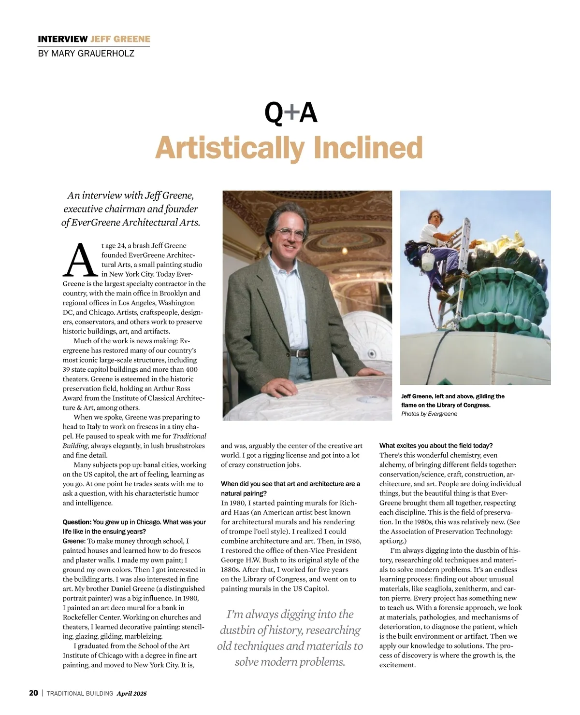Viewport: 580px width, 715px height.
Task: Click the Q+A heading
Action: pos(290,113)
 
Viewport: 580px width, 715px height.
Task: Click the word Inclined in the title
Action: pos(368,148)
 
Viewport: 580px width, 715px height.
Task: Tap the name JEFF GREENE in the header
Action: pos(120,39)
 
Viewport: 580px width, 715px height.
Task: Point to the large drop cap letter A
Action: pos(80,261)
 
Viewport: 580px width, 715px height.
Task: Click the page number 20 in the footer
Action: pos(33,693)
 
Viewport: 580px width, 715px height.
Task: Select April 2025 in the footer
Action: pos(131,693)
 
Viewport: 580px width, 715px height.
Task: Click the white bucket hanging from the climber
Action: pos(427,261)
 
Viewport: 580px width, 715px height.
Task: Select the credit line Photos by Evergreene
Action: pos(429,414)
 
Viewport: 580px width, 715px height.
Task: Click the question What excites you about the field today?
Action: pos(435,446)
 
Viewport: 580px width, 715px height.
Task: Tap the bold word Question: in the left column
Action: pos(77,522)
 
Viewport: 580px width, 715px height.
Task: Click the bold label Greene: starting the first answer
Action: pos(74,541)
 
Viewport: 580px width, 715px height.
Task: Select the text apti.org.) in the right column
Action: pos(393,541)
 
